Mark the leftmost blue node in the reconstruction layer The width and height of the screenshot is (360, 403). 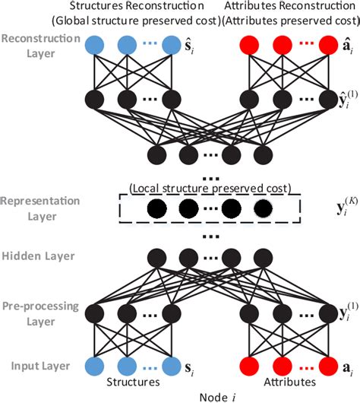97,46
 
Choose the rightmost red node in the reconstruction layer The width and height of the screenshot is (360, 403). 327,46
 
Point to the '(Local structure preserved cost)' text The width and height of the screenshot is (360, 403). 210,188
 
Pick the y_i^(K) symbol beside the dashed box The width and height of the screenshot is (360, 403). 328,208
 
